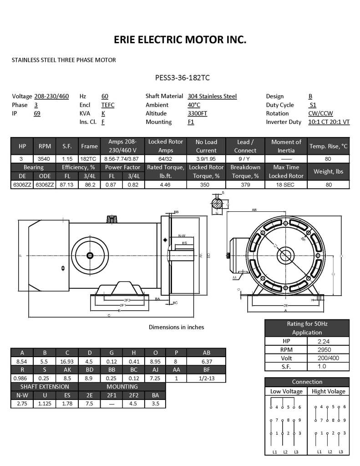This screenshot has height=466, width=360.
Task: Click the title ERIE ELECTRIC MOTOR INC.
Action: [x=180, y=41]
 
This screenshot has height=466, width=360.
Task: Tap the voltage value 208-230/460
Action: [x=51, y=96]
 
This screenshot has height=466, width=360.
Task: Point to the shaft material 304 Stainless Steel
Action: [x=212, y=96]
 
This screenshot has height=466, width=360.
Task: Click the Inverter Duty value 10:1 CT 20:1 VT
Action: [x=329, y=122]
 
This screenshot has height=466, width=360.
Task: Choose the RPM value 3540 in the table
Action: [x=44, y=159]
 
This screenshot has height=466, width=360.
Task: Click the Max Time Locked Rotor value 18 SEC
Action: [x=286, y=185]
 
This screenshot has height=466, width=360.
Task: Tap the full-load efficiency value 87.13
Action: [x=66, y=185]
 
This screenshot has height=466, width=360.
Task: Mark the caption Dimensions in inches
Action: [x=177, y=327]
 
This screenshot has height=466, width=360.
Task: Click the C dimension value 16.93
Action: [x=67, y=361]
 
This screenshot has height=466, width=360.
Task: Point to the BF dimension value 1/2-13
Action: [x=206, y=378]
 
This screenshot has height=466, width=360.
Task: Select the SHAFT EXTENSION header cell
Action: [x=45, y=387]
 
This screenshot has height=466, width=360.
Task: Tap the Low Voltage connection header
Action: [x=286, y=391]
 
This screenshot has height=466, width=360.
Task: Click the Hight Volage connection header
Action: [x=328, y=391]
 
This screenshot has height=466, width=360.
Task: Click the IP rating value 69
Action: [x=37, y=113]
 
